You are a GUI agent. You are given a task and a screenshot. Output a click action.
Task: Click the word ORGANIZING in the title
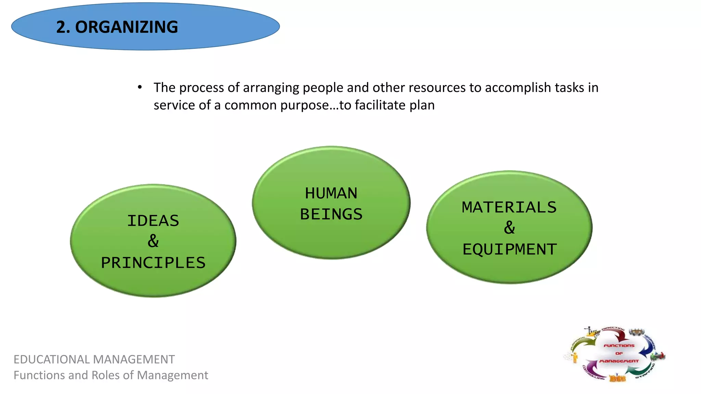(126, 27)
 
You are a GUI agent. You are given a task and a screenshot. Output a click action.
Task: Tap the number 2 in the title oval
(61, 27)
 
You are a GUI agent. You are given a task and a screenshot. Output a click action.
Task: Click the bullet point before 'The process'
(140, 88)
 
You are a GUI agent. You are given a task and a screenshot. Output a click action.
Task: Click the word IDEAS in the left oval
(153, 221)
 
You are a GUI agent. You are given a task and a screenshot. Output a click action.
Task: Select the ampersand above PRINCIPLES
(153, 241)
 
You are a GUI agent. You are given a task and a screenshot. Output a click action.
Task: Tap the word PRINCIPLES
(153, 263)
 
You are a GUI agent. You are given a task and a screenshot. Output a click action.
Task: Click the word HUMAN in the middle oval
(331, 193)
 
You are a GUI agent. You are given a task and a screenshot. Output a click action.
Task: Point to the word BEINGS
(331, 214)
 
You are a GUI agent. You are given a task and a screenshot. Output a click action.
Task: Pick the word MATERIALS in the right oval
(509, 207)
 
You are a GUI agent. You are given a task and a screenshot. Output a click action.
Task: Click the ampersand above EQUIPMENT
(509, 228)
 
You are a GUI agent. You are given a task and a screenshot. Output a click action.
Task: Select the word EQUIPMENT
(509, 249)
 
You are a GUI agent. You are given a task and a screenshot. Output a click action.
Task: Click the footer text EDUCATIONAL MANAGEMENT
(94, 359)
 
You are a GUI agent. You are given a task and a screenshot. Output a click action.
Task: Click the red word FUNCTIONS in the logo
(619, 345)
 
